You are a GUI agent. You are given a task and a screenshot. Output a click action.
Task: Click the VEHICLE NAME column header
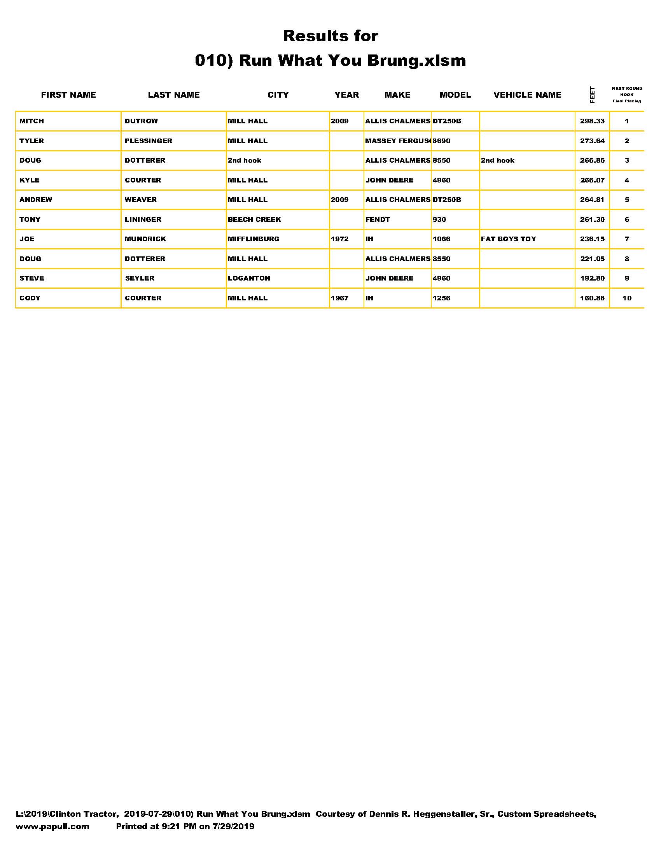527,95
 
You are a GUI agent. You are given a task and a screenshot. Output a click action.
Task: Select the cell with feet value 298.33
592,121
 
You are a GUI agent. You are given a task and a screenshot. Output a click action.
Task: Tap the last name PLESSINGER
149,141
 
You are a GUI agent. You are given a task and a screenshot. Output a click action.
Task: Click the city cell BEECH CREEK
254,219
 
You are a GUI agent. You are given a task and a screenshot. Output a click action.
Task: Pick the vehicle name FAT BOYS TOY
508,239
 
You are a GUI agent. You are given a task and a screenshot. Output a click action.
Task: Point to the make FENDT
378,219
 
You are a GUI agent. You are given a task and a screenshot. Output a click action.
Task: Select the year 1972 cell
339,239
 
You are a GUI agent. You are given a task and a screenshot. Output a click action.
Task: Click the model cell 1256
441,298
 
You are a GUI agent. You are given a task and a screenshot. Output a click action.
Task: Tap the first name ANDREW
36,200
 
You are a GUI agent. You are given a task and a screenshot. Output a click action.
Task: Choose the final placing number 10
626,298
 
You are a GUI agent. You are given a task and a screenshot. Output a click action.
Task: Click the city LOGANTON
249,278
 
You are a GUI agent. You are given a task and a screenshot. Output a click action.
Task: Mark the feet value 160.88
592,298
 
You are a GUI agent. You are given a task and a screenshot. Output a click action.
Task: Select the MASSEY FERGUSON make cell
397,141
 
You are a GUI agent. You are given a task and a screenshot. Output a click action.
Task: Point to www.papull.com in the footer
52,826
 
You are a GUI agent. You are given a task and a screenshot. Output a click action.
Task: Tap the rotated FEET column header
592,95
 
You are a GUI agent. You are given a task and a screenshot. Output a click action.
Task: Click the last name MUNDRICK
145,239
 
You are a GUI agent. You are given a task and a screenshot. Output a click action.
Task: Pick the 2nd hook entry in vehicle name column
497,160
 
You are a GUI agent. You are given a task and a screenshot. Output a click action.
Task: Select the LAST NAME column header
173,95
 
